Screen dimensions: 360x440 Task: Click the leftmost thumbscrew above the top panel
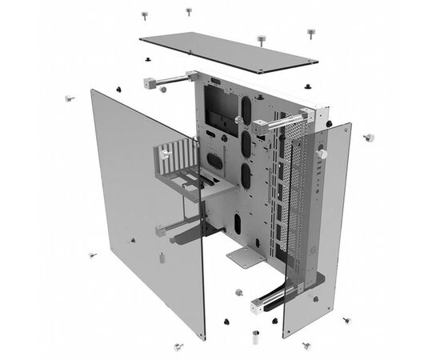click(145, 15)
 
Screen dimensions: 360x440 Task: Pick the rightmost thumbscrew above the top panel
click(310, 34)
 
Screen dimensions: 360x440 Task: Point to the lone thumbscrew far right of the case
click(369, 138)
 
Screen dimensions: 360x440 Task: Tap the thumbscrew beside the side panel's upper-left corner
click(69, 100)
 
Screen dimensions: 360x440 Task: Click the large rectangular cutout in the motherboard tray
click(220, 104)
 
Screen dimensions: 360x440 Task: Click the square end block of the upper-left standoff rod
click(149, 82)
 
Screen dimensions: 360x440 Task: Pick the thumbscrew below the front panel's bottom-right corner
click(347, 322)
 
